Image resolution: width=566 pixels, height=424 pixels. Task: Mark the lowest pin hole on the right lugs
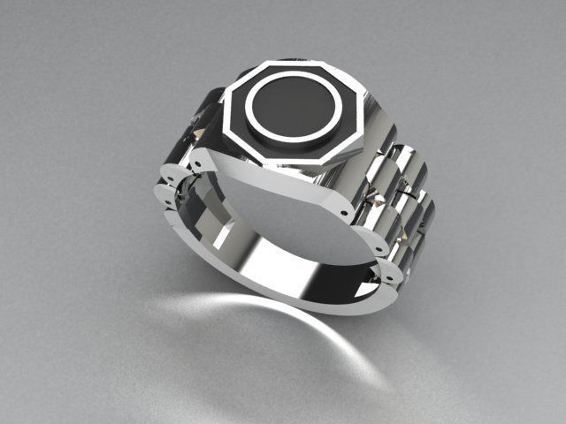pyautogui.click(x=386, y=281)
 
